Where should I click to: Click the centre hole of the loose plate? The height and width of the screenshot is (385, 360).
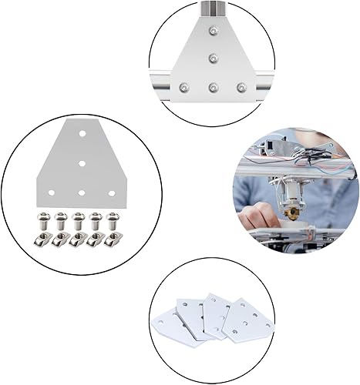tap(81, 162)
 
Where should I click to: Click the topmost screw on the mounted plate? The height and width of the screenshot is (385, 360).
tap(212, 32)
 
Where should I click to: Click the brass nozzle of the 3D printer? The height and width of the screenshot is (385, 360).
tap(295, 209)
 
